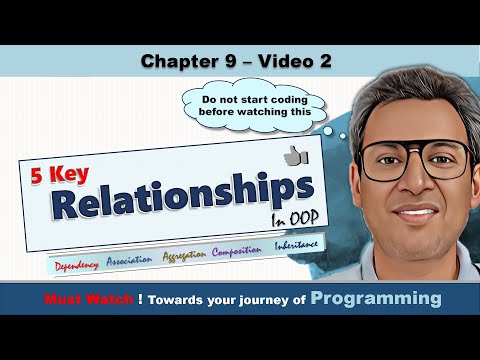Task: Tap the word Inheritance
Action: (299, 246)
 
